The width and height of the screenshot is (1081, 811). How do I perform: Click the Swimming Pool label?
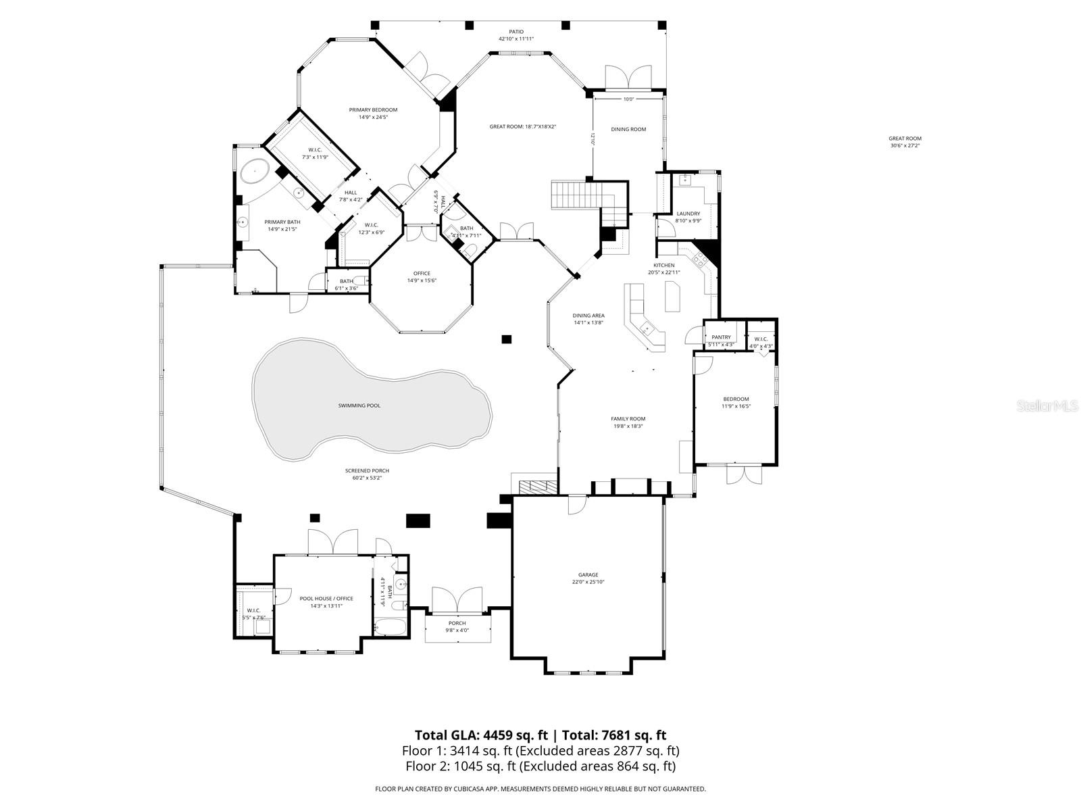pyautogui.click(x=359, y=405)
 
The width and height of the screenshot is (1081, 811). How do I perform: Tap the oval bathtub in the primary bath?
pyautogui.click(x=255, y=172)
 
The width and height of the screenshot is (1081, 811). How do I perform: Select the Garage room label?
pyautogui.click(x=588, y=575)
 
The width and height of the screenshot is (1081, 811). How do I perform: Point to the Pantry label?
pyautogui.click(x=721, y=337)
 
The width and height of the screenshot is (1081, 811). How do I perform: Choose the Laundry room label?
pyautogui.click(x=688, y=214)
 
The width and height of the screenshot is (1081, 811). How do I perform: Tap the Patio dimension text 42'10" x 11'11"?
pyautogui.click(x=516, y=39)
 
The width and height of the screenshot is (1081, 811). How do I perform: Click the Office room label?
pyautogui.click(x=422, y=274)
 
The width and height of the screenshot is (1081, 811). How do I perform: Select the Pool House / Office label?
pyautogui.click(x=326, y=599)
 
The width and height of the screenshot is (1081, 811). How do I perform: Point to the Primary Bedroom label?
pyautogui.click(x=373, y=110)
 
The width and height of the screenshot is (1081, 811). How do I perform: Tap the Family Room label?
pyautogui.click(x=628, y=419)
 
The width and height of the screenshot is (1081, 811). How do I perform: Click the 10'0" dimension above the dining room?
pyautogui.click(x=628, y=99)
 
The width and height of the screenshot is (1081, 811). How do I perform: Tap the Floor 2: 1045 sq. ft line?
pyautogui.click(x=540, y=766)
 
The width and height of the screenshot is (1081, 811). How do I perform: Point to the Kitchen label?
pyautogui.click(x=663, y=266)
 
